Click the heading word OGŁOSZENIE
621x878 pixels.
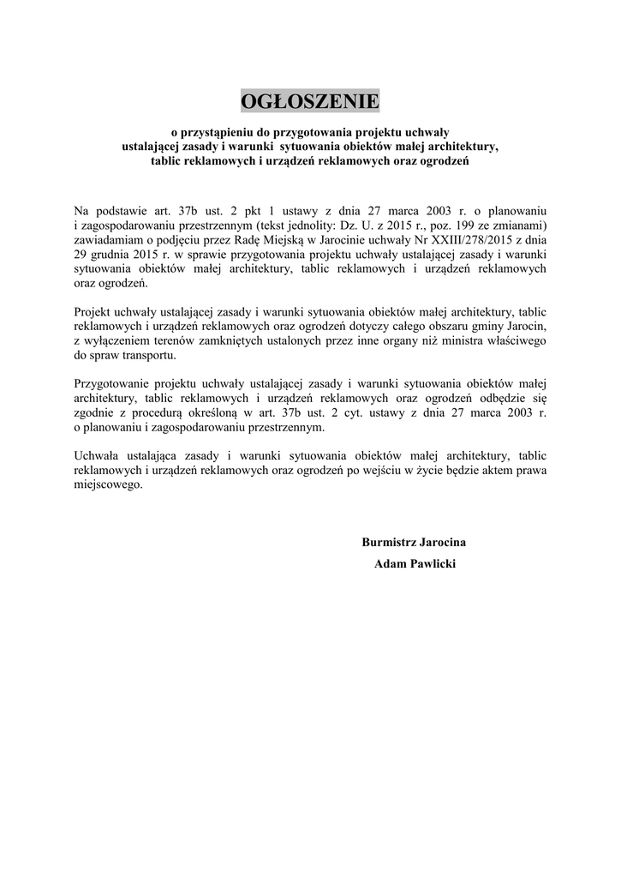point(309,102)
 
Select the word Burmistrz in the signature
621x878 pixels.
point(390,542)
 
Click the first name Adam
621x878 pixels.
point(390,564)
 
